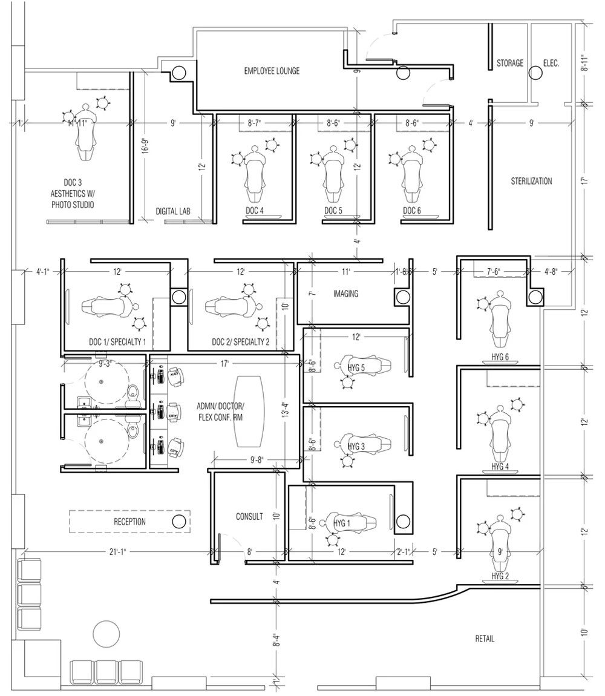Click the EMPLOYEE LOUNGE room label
[272, 71]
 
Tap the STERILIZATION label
[531, 181]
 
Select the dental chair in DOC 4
[254, 176]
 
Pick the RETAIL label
[485, 639]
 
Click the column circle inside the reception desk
[178, 522]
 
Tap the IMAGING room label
[345, 294]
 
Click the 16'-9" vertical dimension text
[145, 148]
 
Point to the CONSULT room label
[249, 517]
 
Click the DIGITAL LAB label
[173, 211]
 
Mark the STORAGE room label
[510, 63]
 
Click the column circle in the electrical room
[535, 73]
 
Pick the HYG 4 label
[500, 467]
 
